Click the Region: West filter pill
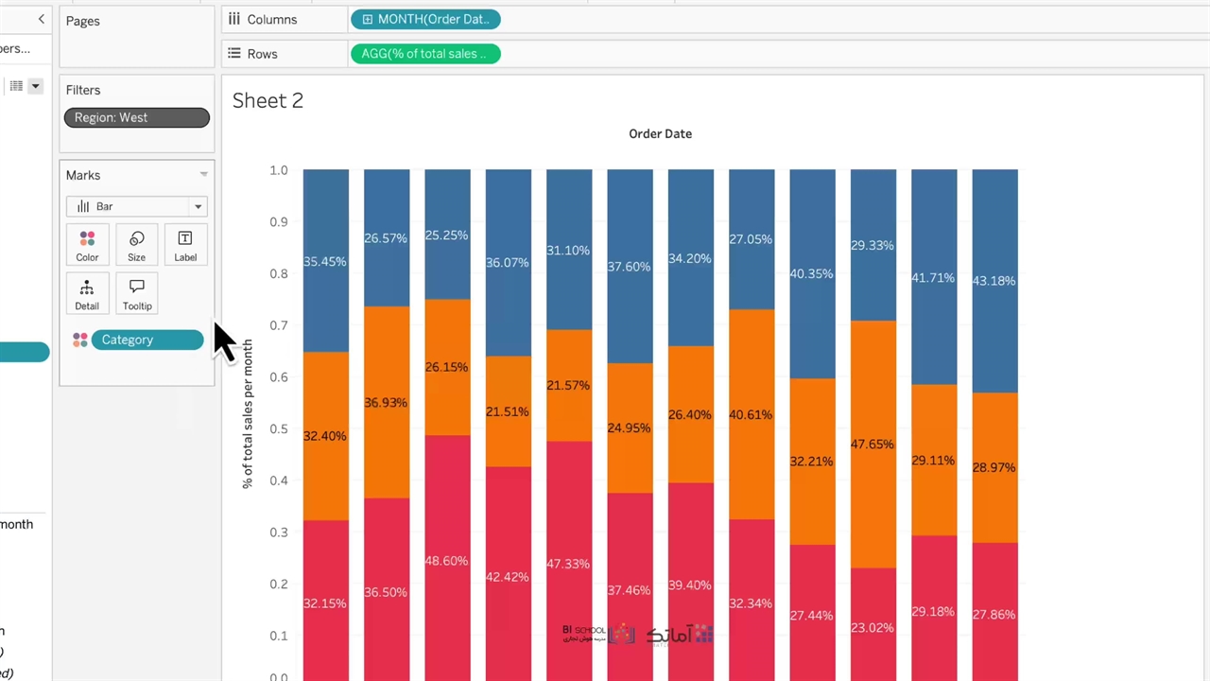136,117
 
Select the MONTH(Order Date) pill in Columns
425,19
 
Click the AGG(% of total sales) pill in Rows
425,54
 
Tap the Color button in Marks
87,245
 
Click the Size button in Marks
137,245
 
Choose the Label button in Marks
185,245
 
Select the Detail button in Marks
87,294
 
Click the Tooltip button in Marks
137,294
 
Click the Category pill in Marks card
147,340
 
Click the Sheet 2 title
268,100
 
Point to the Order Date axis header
660,133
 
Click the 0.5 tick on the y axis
278,428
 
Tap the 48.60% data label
446,561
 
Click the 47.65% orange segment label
872,444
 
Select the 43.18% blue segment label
994,281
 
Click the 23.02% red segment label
872,626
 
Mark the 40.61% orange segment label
751,414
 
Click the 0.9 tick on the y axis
278,222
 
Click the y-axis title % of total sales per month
248,413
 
